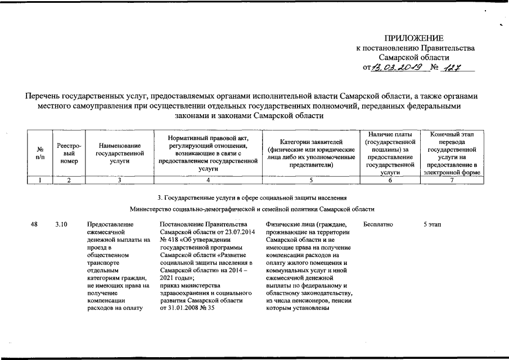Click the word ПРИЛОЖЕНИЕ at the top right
413,38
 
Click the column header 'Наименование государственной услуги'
120,153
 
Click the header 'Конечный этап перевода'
452,153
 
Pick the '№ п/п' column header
40,153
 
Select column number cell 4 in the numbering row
208,180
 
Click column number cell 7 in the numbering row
452,180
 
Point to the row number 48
35,224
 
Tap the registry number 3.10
62,224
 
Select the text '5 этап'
433,224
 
